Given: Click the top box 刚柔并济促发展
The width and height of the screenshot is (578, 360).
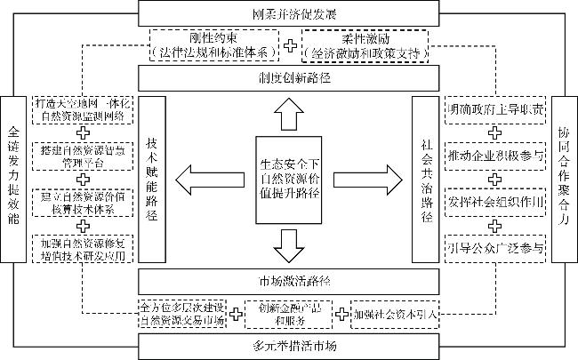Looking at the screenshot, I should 288,13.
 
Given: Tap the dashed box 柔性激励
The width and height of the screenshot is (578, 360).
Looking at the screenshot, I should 365,44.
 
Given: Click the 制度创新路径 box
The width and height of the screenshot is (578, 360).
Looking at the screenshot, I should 288,76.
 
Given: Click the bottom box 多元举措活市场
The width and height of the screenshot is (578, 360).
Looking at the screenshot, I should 288,345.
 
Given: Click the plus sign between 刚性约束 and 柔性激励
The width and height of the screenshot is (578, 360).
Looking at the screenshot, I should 291,43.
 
